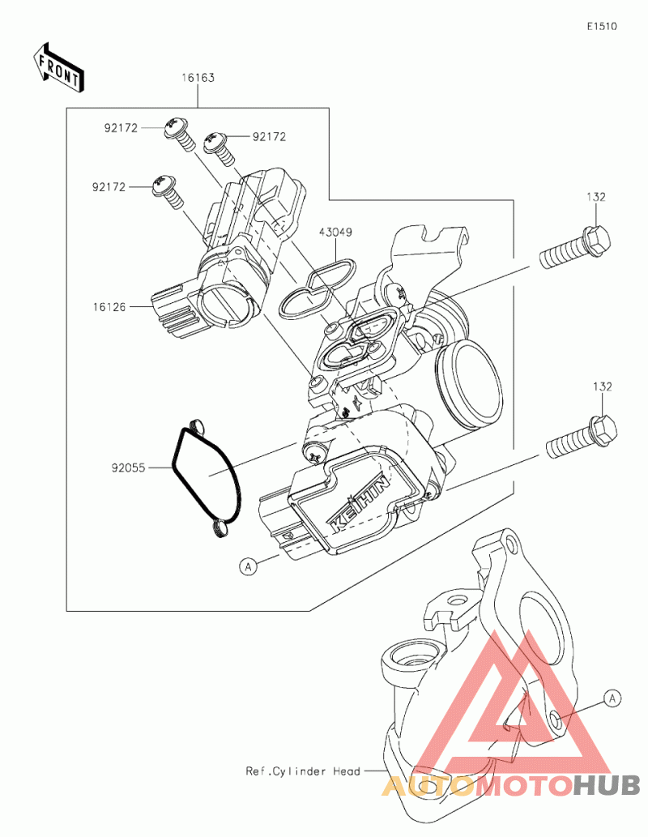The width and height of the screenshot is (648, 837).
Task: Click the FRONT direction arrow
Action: click(x=58, y=66)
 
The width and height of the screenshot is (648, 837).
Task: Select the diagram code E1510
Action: click(x=602, y=26)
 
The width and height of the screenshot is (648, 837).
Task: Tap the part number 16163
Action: click(x=198, y=78)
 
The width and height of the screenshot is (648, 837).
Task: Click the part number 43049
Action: click(x=335, y=233)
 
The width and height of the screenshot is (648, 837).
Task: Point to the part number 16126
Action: click(x=109, y=306)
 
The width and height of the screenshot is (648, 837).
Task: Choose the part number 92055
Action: click(x=128, y=468)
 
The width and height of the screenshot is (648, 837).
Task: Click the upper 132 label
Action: click(x=595, y=197)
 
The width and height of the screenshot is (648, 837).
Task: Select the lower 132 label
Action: click(x=602, y=386)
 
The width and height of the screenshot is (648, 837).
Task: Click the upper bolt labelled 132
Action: click(x=574, y=248)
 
